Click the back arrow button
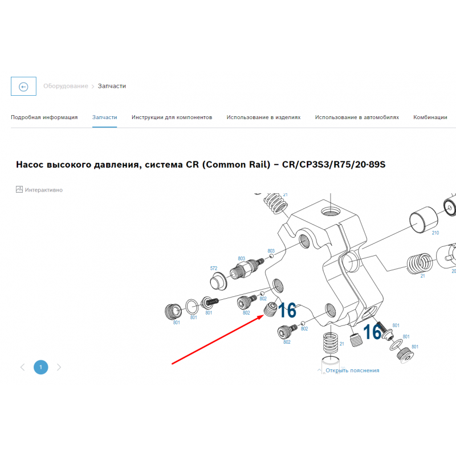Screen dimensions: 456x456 point(23,87)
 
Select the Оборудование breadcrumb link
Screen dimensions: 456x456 point(66,86)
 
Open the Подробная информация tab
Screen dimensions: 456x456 point(44,117)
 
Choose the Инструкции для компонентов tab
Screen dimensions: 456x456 point(172,117)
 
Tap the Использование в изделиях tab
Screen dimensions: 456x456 point(263,117)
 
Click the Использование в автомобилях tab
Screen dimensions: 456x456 point(357,117)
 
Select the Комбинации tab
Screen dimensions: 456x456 point(430,117)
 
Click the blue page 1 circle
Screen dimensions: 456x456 point(40,367)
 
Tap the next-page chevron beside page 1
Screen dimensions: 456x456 point(59,367)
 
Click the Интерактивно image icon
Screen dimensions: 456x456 point(19,189)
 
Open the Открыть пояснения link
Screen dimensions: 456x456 point(352,370)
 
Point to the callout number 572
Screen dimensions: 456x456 point(213,268)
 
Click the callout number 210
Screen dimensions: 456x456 point(435,233)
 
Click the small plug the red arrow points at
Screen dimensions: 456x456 point(270,310)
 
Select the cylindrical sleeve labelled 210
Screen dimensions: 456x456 point(423,220)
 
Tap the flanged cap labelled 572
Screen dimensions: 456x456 point(218,281)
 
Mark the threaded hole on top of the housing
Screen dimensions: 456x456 point(329,211)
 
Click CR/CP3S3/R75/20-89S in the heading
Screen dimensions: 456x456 point(334,165)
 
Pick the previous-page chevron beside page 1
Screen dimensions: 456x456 point(22,367)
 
